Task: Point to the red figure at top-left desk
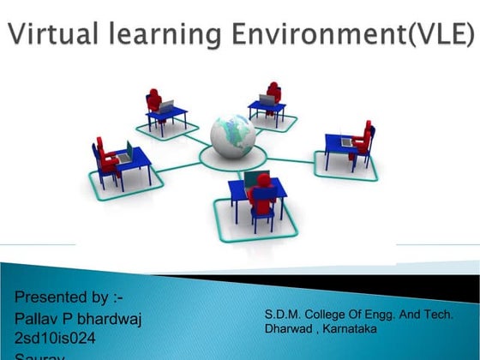154,101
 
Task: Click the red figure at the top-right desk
273,94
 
